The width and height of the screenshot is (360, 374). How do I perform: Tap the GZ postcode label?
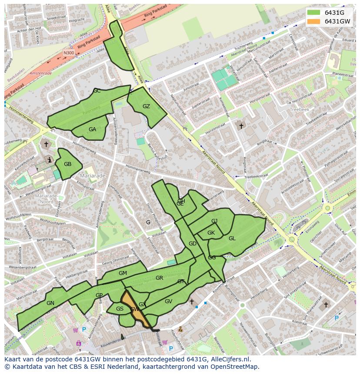pyautogui.click(x=146, y=106)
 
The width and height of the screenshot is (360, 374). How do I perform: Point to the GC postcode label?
pyautogui.click(x=97, y=91)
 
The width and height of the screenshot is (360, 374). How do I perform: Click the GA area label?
pyautogui.click(x=92, y=129)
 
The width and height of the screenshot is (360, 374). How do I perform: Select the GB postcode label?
pyautogui.click(x=67, y=164)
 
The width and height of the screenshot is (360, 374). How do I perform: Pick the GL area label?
pyautogui.click(x=232, y=238)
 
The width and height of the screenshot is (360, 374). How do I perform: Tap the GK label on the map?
pyautogui.click(x=211, y=233)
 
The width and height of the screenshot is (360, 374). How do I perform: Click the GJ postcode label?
pyautogui.click(x=214, y=221)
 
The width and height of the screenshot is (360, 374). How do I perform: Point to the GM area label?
pyautogui.click(x=123, y=273)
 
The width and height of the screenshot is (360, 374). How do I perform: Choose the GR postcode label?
pyautogui.click(x=159, y=278)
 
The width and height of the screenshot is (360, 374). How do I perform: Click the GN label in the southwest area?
pyautogui.click(x=50, y=303)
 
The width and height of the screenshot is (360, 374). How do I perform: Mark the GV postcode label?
pyautogui.click(x=168, y=301)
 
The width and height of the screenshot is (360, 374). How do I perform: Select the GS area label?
pyautogui.click(x=120, y=309)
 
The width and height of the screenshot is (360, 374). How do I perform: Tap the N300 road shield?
pyautogui.click(x=69, y=53)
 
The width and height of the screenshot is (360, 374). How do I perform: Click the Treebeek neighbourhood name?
pyautogui.click(x=299, y=110)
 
